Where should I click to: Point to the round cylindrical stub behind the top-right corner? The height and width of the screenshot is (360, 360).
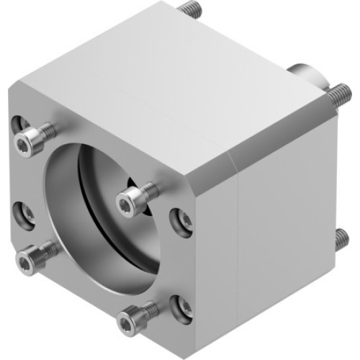click(302, 74)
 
